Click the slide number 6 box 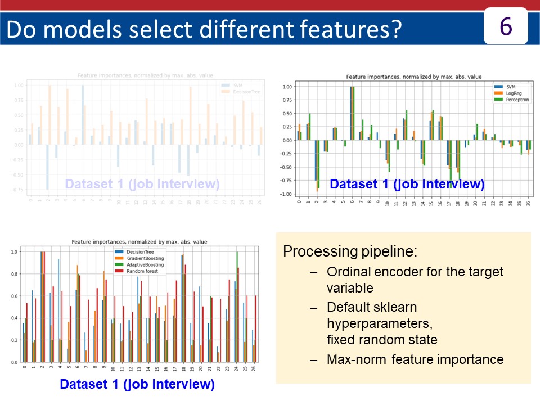pyautogui.click(x=506, y=26)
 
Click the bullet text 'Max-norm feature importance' pyautogui.click(x=415, y=359)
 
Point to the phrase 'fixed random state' pyautogui.click(x=382, y=340)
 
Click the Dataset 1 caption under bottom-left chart pyautogui.click(x=137, y=385)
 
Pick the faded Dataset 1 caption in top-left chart pyautogui.click(x=142, y=184)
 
